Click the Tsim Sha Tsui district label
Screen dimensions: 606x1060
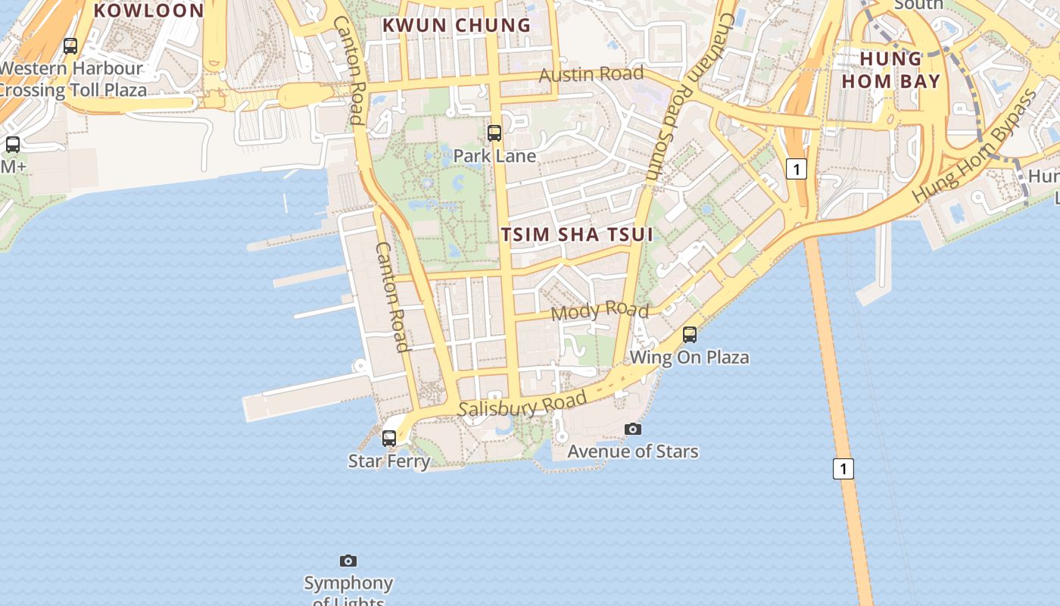[x=577, y=234]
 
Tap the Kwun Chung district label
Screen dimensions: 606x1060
[x=457, y=25]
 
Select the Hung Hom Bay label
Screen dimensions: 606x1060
[x=890, y=70]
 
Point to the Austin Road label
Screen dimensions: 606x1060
[x=591, y=74]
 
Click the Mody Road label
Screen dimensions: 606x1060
[x=600, y=311]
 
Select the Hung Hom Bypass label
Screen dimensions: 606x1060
[x=974, y=145]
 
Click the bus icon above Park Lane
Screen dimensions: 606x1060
[x=494, y=133]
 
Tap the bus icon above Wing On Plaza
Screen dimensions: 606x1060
[x=689, y=334]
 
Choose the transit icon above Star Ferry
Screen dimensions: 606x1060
[x=389, y=438]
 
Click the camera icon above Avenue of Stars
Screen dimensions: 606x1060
[x=633, y=429]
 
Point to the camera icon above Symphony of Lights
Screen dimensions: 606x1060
[x=348, y=561]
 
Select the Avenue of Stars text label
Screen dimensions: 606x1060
[x=633, y=451]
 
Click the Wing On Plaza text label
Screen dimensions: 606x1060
[x=689, y=357]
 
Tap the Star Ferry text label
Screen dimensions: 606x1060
[x=389, y=461]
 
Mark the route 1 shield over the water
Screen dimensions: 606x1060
[x=843, y=468]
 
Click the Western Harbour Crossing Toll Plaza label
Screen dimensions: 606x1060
[x=72, y=79]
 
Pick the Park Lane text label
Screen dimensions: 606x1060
[x=494, y=156]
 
